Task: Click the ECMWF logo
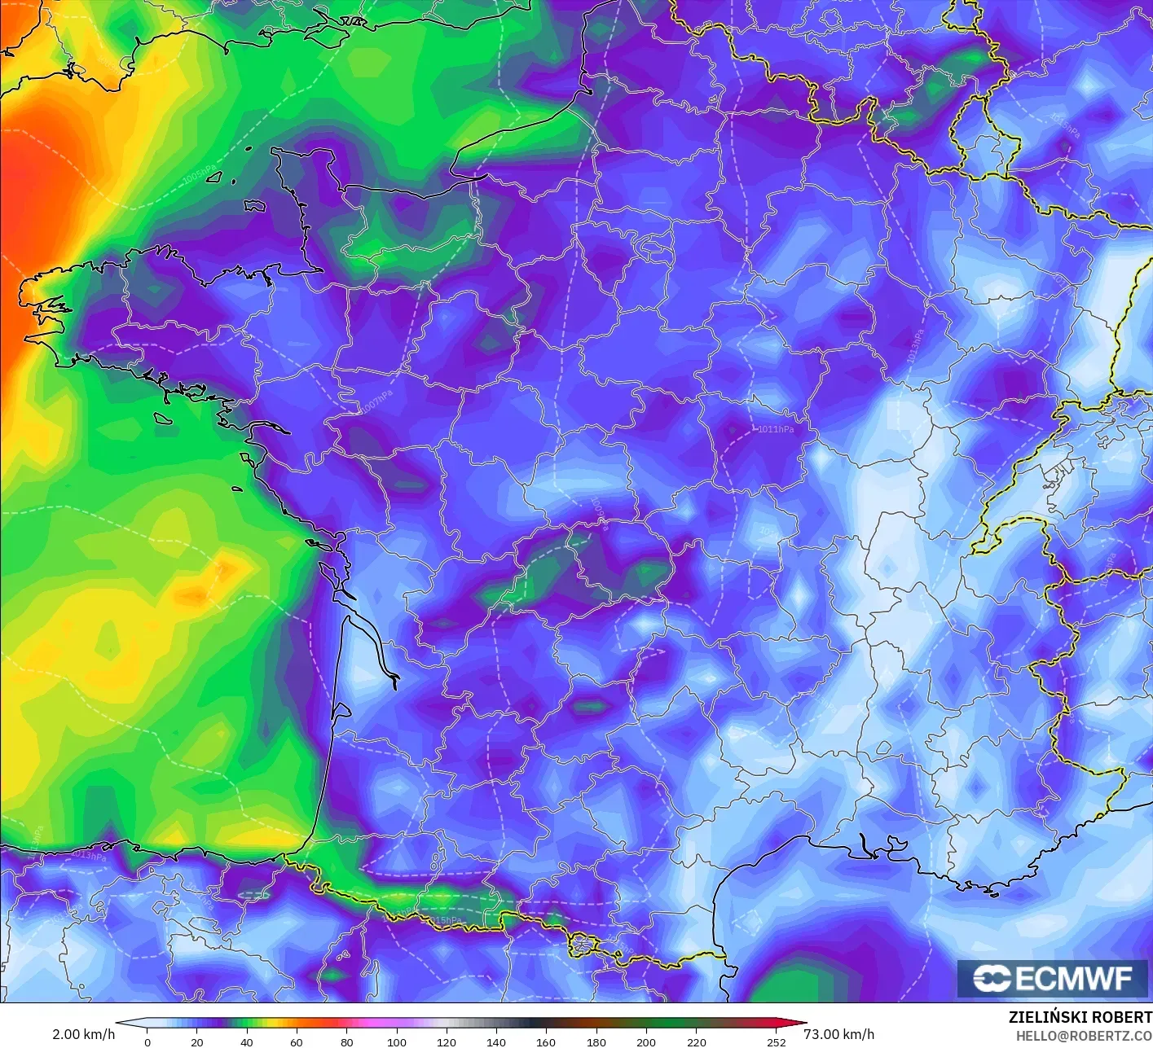point(1054,978)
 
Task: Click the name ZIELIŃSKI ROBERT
point(1080,1017)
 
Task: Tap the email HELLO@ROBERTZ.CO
point(1084,1035)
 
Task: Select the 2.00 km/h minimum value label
point(83,1034)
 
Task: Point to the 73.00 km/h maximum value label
point(838,1034)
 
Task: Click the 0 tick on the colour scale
point(147,1041)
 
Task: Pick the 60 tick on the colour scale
point(297,1041)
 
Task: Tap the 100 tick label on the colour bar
point(397,1041)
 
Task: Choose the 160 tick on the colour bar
point(546,1041)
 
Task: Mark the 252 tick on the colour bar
point(777,1041)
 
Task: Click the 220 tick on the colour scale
point(697,1041)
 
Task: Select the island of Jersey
point(255,206)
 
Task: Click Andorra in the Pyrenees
point(585,945)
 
